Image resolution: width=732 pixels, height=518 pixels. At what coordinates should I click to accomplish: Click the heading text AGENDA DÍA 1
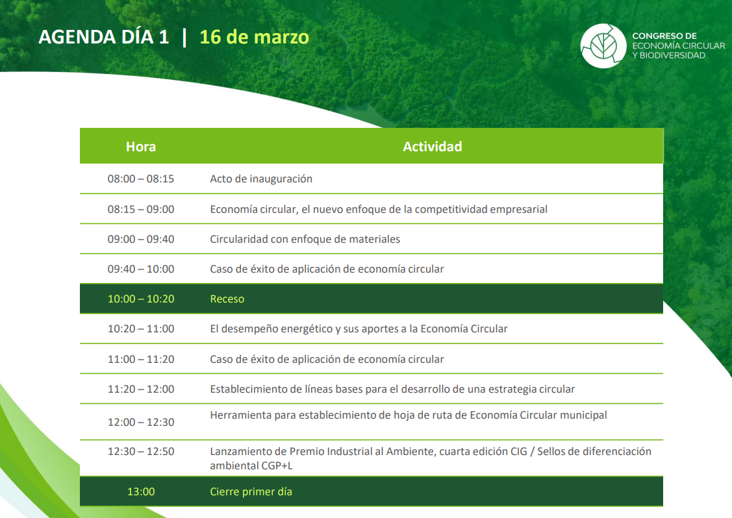coord(104,38)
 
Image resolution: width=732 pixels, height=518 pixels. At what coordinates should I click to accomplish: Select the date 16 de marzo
coord(255,38)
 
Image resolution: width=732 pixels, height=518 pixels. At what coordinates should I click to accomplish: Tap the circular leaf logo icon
coord(603,45)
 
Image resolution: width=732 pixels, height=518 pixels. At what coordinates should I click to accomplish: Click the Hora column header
coord(140,147)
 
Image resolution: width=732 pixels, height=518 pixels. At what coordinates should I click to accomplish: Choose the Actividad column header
coord(433,147)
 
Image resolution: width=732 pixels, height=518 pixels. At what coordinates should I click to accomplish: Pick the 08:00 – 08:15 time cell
coord(140,179)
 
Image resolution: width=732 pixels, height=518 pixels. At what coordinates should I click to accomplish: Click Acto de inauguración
coord(261,179)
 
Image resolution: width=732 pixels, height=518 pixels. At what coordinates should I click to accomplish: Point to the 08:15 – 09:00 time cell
coord(140,209)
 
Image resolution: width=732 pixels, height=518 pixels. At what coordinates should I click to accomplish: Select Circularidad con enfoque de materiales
coord(305,239)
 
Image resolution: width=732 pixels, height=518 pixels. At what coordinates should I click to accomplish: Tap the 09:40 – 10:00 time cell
coord(140,269)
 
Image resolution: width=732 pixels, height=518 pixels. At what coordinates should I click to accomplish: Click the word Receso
coord(227,299)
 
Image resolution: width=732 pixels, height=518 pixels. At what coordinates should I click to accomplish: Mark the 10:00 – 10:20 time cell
coord(140,299)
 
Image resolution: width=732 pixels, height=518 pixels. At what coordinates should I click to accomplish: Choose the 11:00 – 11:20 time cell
coord(140,359)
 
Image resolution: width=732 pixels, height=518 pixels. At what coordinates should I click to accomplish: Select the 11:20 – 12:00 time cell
coord(140,389)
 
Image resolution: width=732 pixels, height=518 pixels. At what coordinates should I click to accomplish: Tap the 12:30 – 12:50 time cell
coord(140,451)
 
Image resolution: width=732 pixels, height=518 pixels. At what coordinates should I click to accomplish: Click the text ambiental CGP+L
coord(251,465)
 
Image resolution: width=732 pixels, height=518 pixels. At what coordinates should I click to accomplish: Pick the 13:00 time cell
coord(140,491)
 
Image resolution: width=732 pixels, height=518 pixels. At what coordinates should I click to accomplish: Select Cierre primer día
coord(251,491)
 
